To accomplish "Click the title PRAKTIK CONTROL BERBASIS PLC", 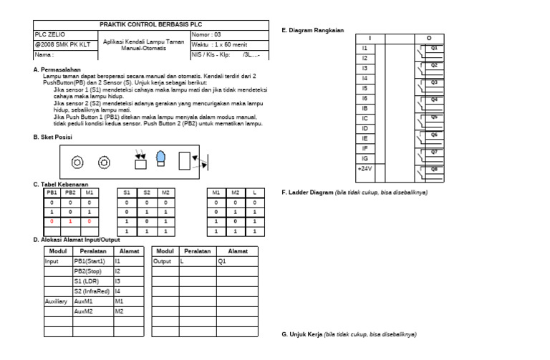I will [x=146, y=24].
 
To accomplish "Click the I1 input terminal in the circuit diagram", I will [x=365, y=48].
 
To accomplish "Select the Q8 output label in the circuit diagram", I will [x=434, y=167].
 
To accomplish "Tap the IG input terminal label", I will [x=365, y=157].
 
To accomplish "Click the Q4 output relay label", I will [x=434, y=99].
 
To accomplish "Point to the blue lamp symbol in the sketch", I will [x=161, y=157].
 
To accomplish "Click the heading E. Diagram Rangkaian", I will [x=312, y=31].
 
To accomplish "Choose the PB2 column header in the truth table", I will [x=70, y=193].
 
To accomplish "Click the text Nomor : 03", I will [x=207, y=34].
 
